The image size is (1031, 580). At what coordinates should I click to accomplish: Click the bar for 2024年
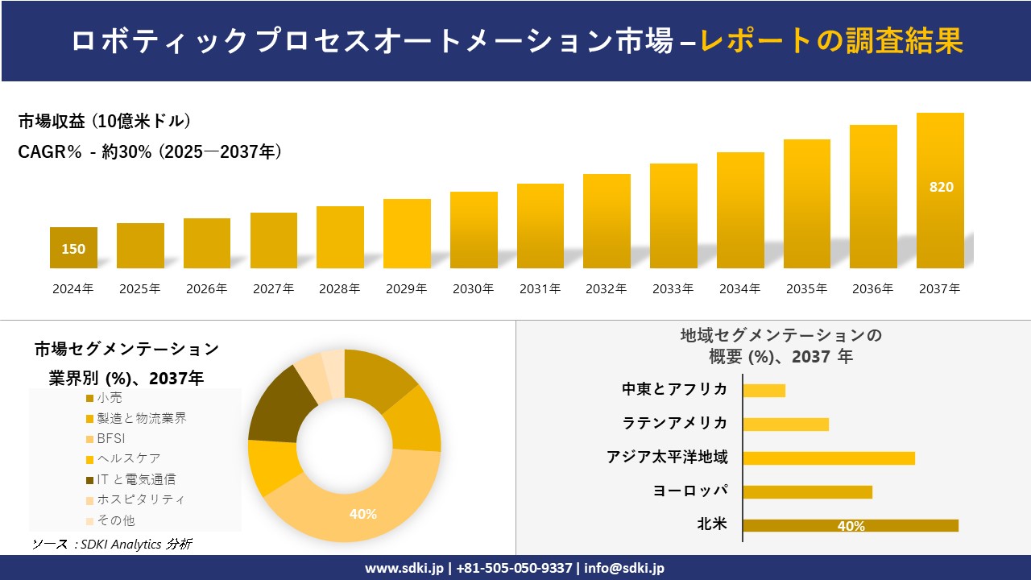click(73, 247)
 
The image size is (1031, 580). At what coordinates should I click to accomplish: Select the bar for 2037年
click(940, 191)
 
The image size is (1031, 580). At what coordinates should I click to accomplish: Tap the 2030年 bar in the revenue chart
click(474, 230)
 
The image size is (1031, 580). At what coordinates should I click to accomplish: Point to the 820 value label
click(941, 187)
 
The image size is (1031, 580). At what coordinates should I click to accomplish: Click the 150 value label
click(73, 249)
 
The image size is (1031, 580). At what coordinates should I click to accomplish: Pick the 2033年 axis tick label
click(673, 288)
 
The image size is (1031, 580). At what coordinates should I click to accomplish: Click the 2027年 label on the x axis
click(273, 288)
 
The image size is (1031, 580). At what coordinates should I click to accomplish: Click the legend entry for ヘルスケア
click(122, 459)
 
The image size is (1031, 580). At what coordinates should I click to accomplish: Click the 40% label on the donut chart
click(362, 514)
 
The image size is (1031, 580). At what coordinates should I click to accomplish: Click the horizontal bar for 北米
click(851, 526)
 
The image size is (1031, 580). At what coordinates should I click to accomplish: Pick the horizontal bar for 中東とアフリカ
click(764, 391)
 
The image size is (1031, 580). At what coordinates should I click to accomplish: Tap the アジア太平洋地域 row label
click(667, 458)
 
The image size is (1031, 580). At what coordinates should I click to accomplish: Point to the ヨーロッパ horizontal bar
click(807, 492)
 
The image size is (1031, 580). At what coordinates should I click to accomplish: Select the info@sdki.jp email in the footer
click(626, 568)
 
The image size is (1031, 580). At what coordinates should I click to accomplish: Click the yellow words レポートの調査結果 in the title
click(831, 42)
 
